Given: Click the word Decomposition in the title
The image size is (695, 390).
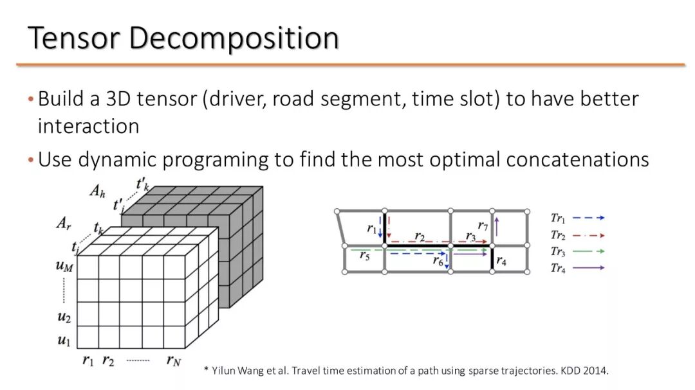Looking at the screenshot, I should point(234,39).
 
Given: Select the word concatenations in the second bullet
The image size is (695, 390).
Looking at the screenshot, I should point(577,159).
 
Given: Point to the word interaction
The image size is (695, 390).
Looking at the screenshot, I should point(88,126).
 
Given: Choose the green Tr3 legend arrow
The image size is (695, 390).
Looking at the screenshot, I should point(588,251).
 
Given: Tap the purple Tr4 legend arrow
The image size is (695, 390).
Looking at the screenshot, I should point(588,267).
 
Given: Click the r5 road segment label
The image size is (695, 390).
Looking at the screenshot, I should point(364,256).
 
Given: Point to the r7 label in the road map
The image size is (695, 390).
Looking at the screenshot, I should point(483,226).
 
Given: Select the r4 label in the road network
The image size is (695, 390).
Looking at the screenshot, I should point(501,261).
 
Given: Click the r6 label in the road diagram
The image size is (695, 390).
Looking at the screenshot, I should point(438,260).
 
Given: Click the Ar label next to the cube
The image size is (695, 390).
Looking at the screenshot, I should point(64,224).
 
